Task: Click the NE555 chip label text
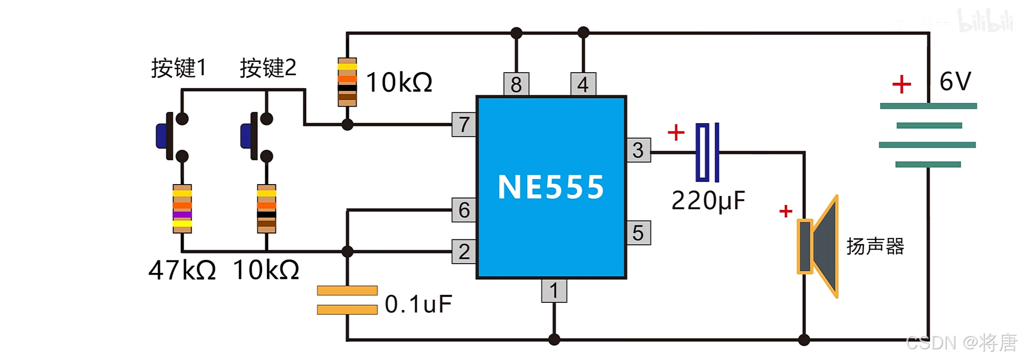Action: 551,187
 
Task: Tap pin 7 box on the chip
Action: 464,125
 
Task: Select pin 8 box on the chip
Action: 516,84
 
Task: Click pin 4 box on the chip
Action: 583,84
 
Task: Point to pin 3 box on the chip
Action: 639,150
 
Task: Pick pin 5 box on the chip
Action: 639,233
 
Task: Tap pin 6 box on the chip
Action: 464,210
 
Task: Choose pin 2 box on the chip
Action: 464,251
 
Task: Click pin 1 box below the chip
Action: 554,291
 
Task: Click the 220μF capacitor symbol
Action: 707,152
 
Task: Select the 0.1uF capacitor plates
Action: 347,300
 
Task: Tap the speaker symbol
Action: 818,246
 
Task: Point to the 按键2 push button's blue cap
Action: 246,136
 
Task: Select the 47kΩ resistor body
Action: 182,209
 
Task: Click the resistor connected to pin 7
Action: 347,82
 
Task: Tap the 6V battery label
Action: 955,82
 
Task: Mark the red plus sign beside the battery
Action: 902,84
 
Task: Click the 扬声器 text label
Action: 875,246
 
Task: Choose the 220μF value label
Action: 709,201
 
